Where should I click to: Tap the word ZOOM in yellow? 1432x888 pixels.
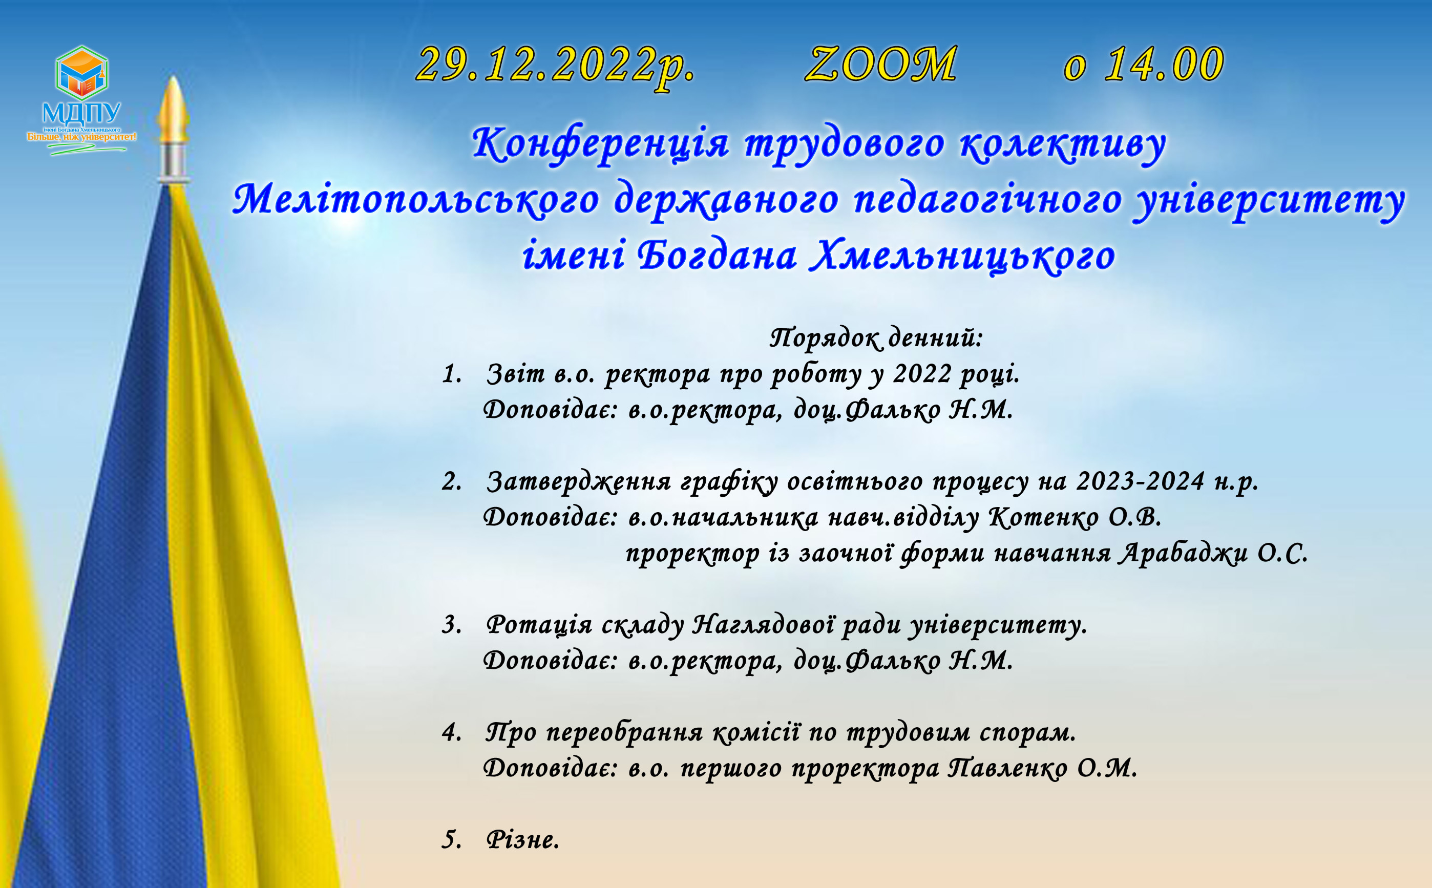(x=881, y=64)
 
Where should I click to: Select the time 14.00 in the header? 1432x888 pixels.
(x=1164, y=64)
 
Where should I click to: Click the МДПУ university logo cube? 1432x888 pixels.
(x=81, y=73)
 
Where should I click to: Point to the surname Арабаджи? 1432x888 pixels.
(x=1183, y=554)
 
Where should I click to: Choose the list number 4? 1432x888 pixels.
(x=451, y=733)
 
